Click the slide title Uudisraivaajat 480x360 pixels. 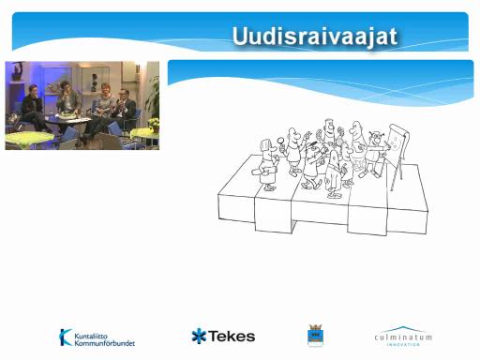tap(315, 37)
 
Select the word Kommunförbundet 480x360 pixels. tap(104, 343)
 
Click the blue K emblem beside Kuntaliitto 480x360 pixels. tap(66, 337)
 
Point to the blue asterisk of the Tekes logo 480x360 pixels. tap(199, 336)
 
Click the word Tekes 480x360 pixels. tap(232, 337)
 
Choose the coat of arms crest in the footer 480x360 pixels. tap(316, 336)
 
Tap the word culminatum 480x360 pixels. tap(403, 337)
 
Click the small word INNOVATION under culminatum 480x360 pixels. tap(403, 344)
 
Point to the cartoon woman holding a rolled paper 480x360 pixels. tap(267, 164)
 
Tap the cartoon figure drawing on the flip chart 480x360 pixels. tap(374, 153)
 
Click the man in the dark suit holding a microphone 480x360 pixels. tap(125, 108)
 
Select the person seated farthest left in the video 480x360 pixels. tap(33, 108)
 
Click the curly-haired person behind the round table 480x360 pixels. tap(67, 97)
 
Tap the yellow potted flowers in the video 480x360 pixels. tap(154, 123)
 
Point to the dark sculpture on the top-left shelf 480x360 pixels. tap(17, 70)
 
